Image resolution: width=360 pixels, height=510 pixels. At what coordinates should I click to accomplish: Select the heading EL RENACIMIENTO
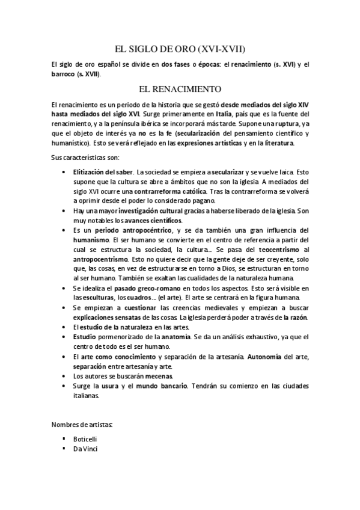(180, 89)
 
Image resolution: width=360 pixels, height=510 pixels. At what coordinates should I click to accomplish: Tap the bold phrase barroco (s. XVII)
(76, 74)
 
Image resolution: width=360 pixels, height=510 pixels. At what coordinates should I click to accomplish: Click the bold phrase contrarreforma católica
(166, 191)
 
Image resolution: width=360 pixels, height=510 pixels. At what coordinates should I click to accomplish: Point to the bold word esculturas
(96, 298)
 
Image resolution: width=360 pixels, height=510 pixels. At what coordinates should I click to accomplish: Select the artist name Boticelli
(85, 439)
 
